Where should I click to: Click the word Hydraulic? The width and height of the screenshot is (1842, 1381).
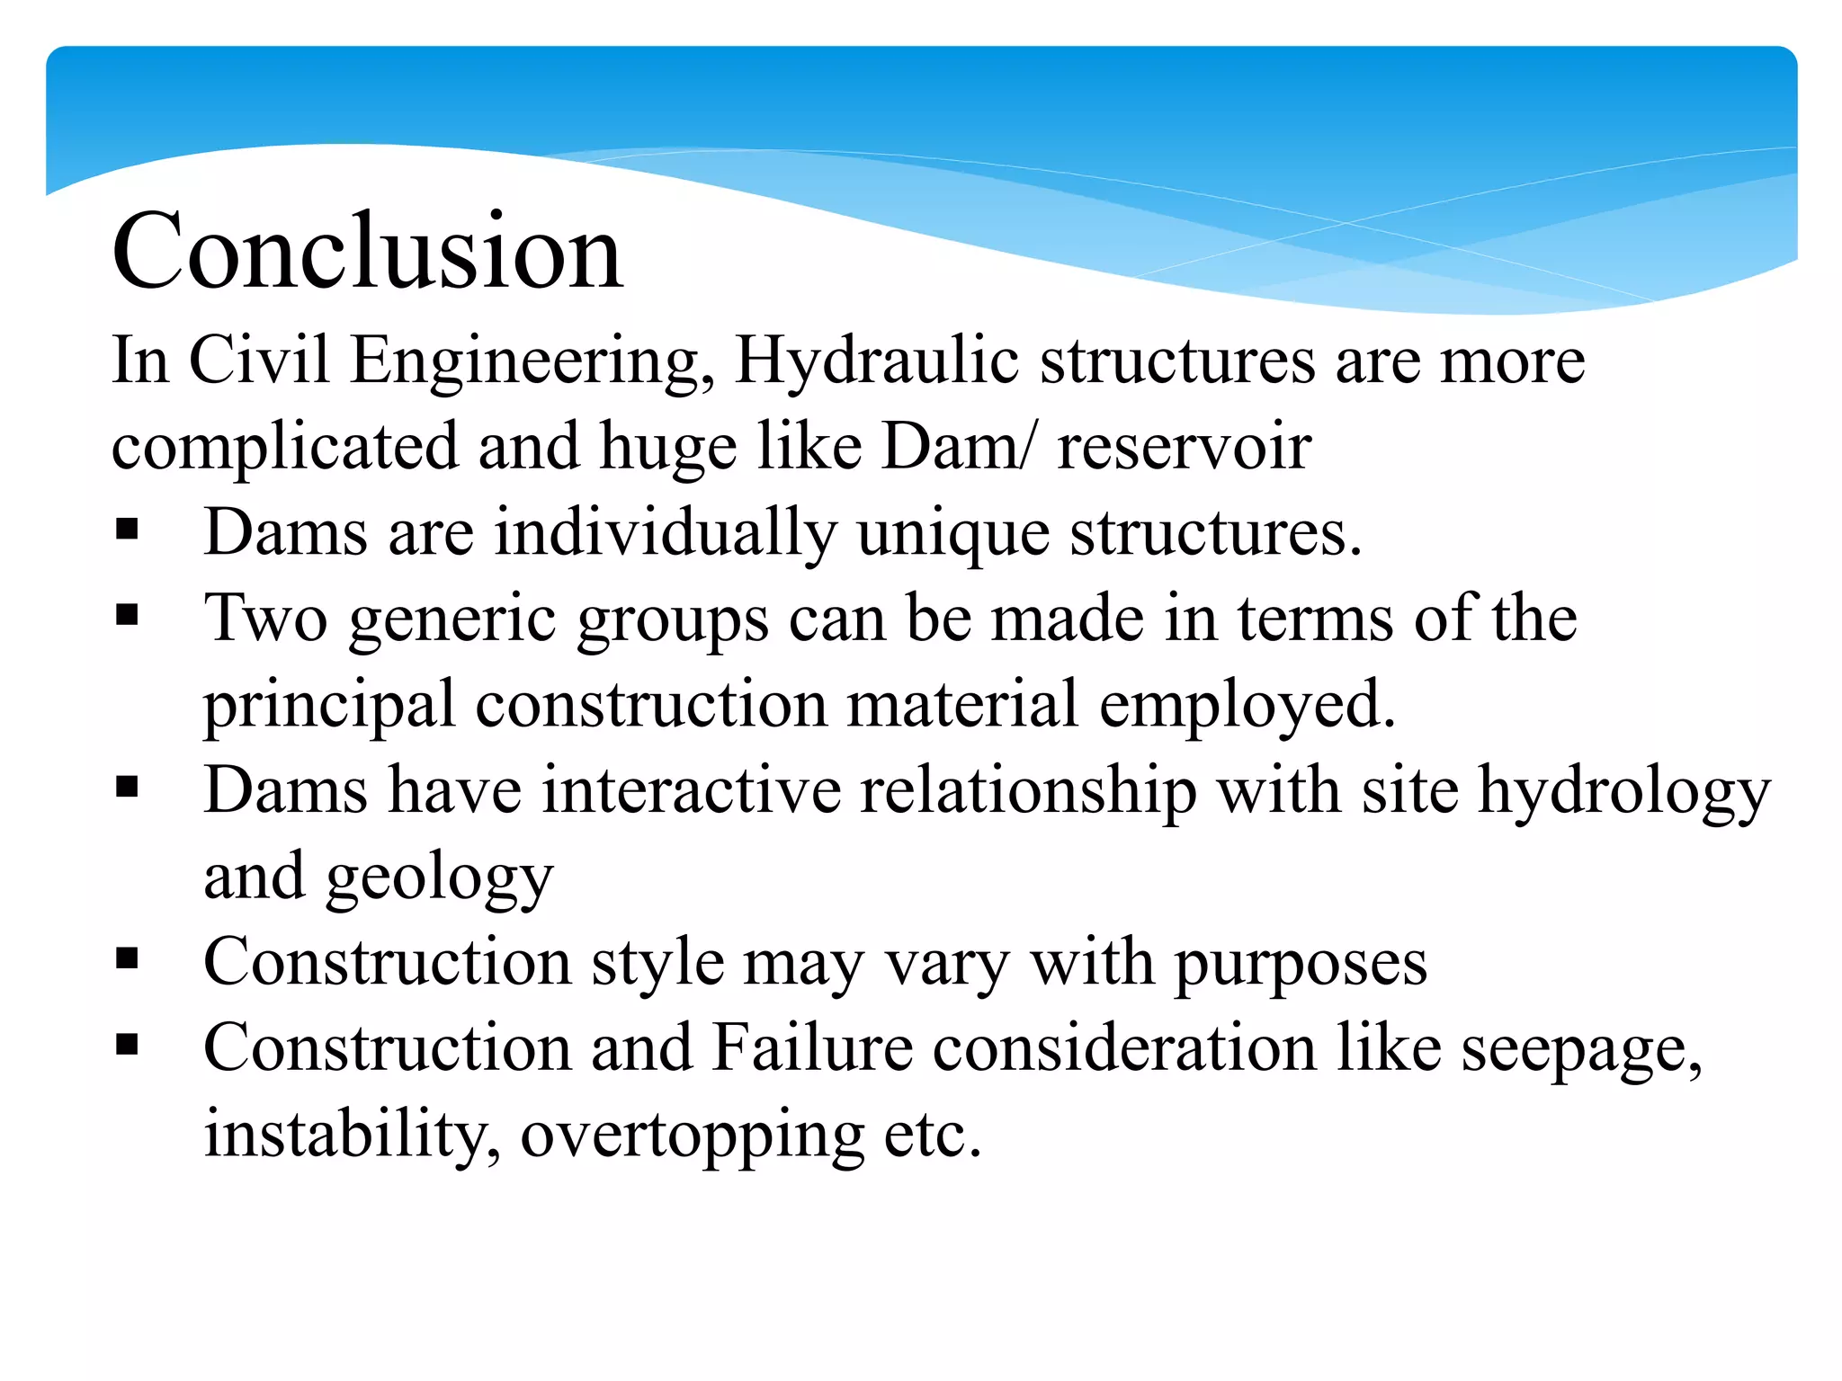click(877, 361)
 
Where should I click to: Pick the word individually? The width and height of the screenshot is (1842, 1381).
click(665, 533)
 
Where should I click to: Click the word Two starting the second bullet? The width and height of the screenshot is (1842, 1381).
click(266, 619)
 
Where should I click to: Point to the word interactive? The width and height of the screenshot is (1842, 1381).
click(692, 791)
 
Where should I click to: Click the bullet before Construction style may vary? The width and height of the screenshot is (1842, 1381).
click(127, 960)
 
